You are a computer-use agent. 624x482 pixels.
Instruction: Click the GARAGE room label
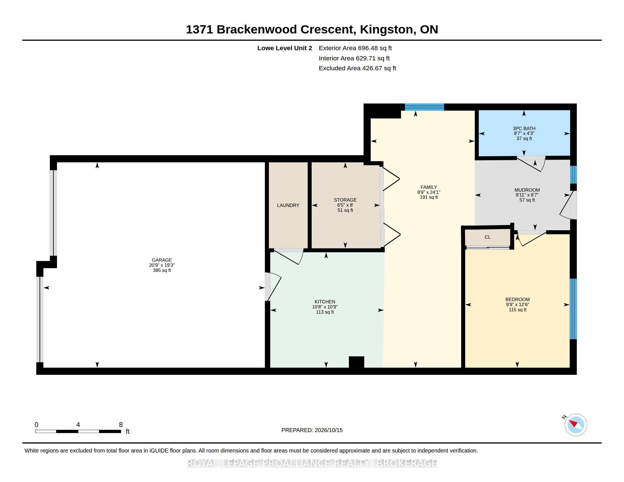(x=162, y=260)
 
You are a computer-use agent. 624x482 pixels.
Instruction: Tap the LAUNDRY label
(x=288, y=205)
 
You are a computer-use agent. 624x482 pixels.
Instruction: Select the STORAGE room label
(x=345, y=200)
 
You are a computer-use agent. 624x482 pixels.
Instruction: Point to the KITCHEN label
(x=325, y=302)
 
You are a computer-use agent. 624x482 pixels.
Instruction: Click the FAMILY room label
(x=429, y=187)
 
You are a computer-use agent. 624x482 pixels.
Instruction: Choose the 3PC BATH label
(x=524, y=128)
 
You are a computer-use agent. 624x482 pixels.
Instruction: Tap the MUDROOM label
(x=527, y=190)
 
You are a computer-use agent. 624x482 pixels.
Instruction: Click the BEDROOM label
(x=517, y=299)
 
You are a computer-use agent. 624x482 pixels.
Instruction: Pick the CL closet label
(x=487, y=237)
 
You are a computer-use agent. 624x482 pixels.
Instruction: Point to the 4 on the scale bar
(x=78, y=425)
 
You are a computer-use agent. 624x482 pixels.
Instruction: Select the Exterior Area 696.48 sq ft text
(x=355, y=48)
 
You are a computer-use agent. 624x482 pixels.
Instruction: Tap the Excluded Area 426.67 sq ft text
(x=357, y=68)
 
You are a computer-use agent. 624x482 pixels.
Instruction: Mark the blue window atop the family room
(x=424, y=107)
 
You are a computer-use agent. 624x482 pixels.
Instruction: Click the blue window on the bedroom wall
(x=573, y=309)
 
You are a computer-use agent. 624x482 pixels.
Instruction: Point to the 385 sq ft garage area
(x=162, y=270)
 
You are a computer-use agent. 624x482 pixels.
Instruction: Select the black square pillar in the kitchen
(x=357, y=362)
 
